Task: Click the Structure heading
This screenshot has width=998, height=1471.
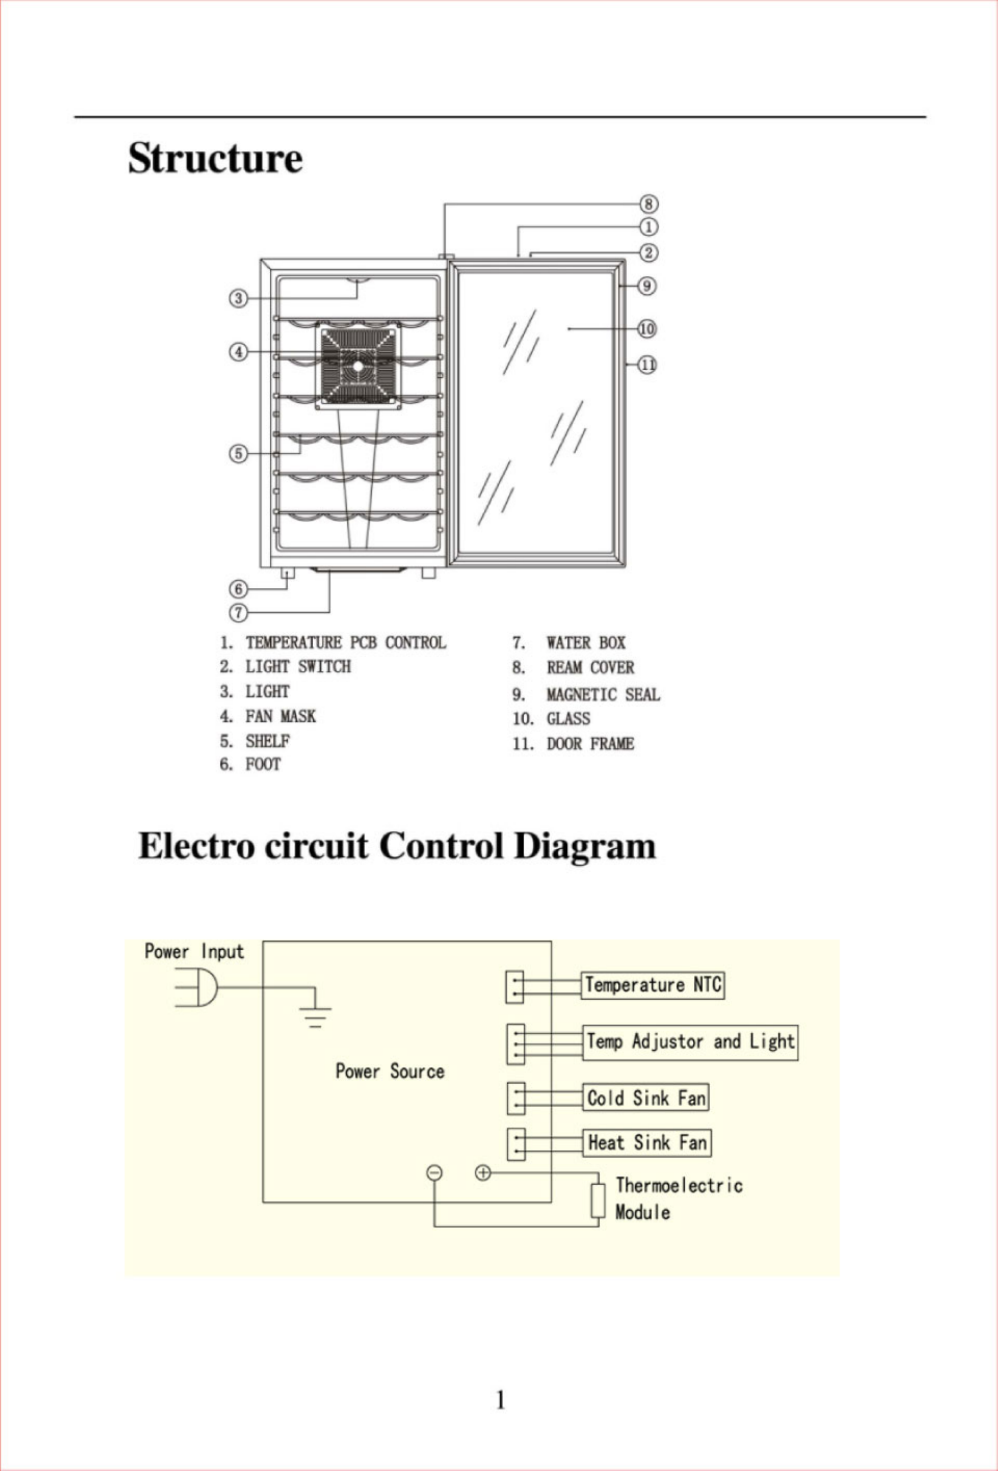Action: point(215,158)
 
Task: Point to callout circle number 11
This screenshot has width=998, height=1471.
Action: point(647,365)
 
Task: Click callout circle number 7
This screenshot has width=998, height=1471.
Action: point(238,612)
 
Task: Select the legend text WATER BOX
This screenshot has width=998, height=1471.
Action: point(586,643)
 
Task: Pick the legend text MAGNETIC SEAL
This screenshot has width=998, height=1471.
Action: point(602,695)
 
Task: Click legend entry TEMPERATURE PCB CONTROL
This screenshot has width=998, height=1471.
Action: point(346,643)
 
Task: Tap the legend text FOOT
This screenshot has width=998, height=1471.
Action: point(263,764)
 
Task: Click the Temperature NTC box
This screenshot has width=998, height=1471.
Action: point(652,985)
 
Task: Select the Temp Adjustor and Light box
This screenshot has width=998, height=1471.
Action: point(690,1042)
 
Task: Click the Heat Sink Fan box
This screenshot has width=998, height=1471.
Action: point(646,1143)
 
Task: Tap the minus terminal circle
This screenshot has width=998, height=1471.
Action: point(434,1173)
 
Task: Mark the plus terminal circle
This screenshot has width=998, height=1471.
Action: point(483,1173)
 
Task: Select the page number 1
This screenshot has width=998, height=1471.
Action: point(500,1400)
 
